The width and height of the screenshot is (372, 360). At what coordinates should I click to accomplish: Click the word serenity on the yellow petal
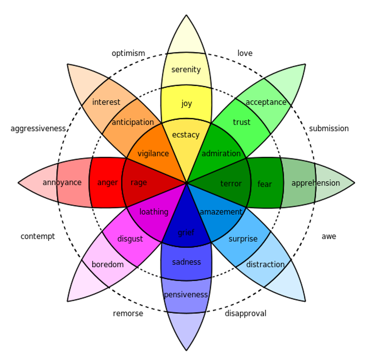[x=186, y=70]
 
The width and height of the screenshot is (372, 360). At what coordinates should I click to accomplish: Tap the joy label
[x=186, y=103]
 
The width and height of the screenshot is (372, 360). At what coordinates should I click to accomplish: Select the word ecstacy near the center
[x=186, y=135]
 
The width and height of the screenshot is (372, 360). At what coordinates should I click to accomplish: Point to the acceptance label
[x=266, y=102]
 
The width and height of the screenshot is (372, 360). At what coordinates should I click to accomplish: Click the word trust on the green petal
[x=241, y=122]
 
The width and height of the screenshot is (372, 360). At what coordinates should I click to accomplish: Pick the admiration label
[x=221, y=154]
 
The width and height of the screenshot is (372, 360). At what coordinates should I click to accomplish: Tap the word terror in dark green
[x=231, y=184]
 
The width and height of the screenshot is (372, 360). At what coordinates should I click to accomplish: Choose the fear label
[x=265, y=184]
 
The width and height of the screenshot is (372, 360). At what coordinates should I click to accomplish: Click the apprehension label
[x=316, y=183]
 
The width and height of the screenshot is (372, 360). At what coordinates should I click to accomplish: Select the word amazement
[x=221, y=212]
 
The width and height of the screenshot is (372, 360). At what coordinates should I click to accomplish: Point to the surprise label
[x=243, y=239]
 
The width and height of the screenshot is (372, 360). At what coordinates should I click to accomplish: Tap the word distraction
[x=265, y=265]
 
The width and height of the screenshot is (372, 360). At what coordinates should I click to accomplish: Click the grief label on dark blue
[x=186, y=233]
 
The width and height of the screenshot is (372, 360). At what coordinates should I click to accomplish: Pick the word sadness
[x=186, y=262]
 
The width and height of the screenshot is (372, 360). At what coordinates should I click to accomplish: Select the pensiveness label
[x=186, y=295]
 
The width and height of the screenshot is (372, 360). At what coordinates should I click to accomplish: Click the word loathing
[x=154, y=212]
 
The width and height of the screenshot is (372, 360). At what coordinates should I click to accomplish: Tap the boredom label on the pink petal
[x=107, y=265]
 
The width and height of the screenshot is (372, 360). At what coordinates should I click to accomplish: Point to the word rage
[x=139, y=183]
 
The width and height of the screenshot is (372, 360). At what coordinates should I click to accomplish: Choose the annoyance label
[x=62, y=183]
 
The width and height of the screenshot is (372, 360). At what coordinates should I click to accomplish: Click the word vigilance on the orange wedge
[x=153, y=154]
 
